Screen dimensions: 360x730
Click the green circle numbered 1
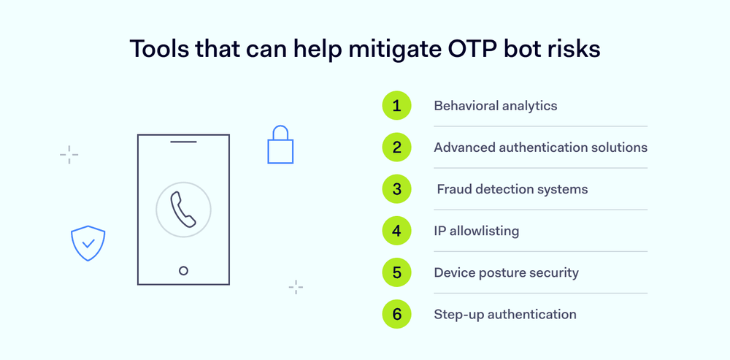[x=396, y=106]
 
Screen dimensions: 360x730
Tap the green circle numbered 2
[x=396, y=148]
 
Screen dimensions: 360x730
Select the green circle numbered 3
[x=396, y=189]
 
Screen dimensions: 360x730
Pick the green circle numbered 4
[x=396, y=231]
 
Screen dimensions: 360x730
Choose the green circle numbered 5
[x=396, y=272]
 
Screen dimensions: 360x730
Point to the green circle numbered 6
[x=396, y=314]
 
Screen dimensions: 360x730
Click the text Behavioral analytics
[x=495, y=106]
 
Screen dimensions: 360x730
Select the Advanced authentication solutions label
[x=540, y=148]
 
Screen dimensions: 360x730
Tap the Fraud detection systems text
[x=512, y=189]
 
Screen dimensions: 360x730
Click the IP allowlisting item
[x=476, y=231]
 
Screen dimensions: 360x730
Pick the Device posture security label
[x=506, y=272]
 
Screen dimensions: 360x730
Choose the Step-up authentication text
[x=504, y=314]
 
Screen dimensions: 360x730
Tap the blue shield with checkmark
[x=88, y=243]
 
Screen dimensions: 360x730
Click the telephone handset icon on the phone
[x=183, y=210]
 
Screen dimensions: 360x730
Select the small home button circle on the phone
[x=183, y=270]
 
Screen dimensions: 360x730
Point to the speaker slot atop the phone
[x=183, y=142]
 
